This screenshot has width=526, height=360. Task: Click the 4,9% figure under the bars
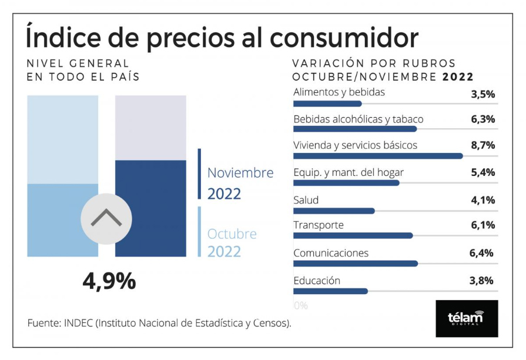(x=109, y=282)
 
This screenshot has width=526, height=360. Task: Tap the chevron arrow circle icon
(x=106, y=218)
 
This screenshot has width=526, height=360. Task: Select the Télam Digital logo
(x=467, y=319)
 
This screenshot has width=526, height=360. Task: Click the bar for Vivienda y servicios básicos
(x=378, y=156)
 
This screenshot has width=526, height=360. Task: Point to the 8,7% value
(x=483, y=145)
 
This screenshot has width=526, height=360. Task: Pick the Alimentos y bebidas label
(x=339, y=92)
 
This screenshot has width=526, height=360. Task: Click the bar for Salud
(x=334, y=211)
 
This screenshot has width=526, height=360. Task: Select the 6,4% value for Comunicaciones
(x=482, y=254)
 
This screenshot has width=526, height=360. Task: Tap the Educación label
(x=317, y=281)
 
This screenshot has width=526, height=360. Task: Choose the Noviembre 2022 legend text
(x=240, y=183)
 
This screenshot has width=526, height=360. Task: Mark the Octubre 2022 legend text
(x=232, y=242)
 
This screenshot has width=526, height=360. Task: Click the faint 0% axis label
(x=300, y=306)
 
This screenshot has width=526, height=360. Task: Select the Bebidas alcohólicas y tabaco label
(x=358, y=119)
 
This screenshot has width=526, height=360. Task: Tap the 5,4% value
(x=483, y=172)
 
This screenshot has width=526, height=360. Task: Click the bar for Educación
(x=330, y=291)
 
